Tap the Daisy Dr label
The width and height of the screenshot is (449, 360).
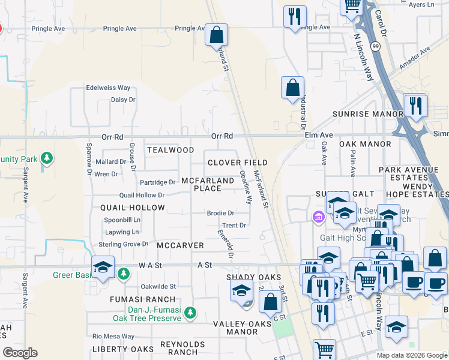(123, 100)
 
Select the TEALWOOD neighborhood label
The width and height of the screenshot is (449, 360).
(170, 150)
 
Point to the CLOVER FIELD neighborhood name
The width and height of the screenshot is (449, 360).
(237, 163)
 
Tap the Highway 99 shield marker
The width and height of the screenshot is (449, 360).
(376, 46)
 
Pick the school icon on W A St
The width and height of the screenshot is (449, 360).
(103, 266)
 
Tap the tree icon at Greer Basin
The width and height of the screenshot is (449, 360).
(124, 274)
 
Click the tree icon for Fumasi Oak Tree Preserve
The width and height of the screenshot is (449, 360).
(190, 312)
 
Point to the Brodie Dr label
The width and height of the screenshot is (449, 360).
(220, 213)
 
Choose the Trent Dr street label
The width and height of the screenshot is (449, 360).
(234, 226)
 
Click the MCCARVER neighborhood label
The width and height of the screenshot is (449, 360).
(180, 246)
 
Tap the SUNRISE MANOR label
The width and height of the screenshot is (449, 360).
(368, 113)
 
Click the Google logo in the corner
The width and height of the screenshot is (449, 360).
(20, 353)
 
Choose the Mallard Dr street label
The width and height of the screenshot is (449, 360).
(110, 162)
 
